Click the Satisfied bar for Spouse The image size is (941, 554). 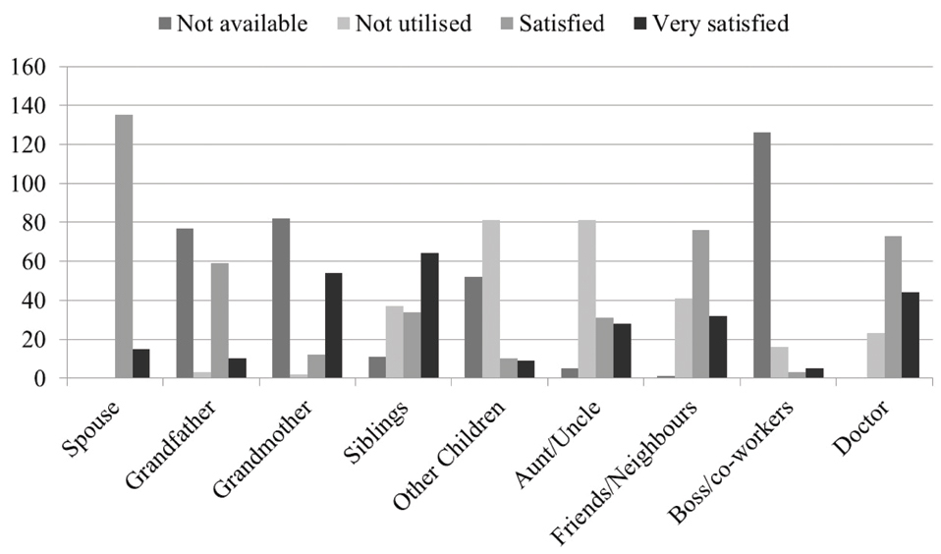click(124, 247)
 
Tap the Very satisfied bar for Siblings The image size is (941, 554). click(430, 316)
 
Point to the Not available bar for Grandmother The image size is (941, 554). click(281, 299)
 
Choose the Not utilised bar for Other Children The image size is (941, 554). click(490, 300)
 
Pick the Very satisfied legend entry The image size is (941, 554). click(709, 23)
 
